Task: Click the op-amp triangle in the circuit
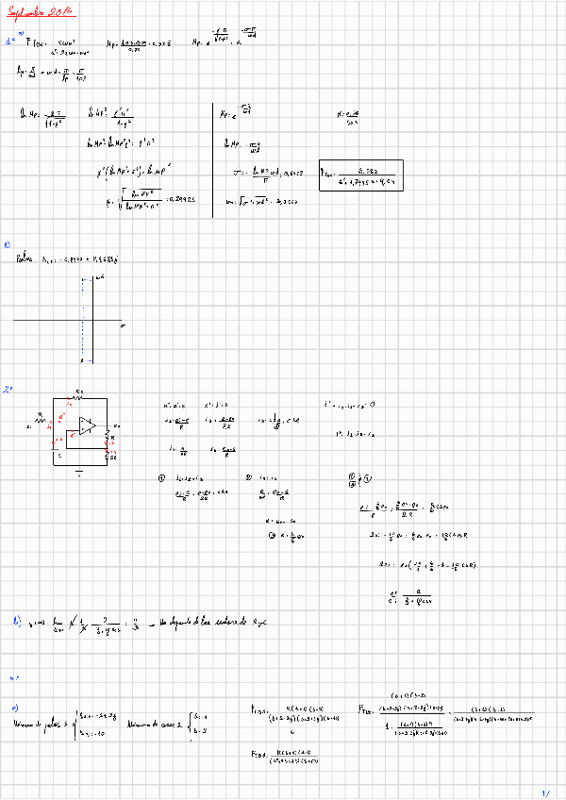click(x=88, y=426)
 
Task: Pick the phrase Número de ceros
click(x=145, y=722)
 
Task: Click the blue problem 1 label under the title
click(x=10, y=42)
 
